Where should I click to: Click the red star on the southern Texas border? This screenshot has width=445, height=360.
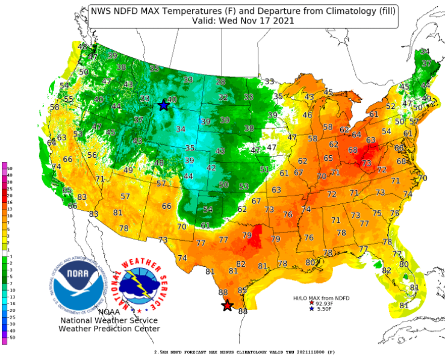[x=227, y=306]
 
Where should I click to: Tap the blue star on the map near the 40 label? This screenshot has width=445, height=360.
[x=163, y=105]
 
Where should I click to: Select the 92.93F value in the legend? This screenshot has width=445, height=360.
[x=325, y=303]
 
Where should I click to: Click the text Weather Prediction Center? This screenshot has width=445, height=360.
[x=109, y=329]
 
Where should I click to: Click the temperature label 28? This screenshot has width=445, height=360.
[x=221, y=82]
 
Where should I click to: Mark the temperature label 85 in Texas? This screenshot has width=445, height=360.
[x=243, y=291]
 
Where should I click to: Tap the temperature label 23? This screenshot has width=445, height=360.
[x=145, y=99]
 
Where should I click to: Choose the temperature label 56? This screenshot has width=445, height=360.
[x=92, y=155]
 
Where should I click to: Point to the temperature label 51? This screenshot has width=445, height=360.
[x=264, y=170]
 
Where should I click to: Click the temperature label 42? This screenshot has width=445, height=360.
[x=211, y=168]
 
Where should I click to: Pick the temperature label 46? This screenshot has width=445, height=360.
[x=307, y=115]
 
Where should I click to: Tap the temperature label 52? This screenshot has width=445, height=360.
[x=391, y=107]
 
